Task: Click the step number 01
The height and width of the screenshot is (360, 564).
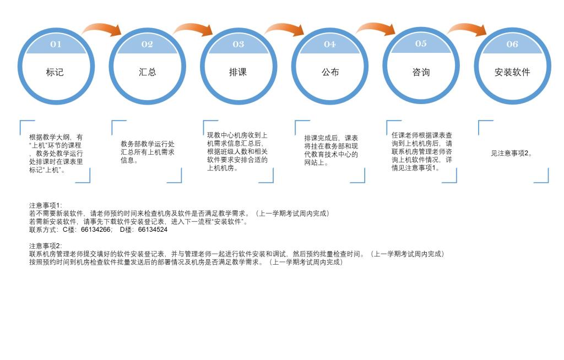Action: point(56,45)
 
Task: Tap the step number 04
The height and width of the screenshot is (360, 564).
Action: point(330,45)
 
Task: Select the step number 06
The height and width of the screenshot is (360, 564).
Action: point(512,45)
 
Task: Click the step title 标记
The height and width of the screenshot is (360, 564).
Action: point(55,72)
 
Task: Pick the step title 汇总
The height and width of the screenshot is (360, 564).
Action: point(147,72)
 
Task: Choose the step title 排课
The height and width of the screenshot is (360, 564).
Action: point(238,72)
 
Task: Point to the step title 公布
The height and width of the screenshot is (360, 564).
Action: point(330,72)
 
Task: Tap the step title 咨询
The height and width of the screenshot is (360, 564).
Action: point(421,72)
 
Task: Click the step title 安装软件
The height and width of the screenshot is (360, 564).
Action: point(512,72)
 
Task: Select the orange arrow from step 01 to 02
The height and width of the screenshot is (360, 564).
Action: point(102,29)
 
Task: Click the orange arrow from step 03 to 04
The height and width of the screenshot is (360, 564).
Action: point(285,29)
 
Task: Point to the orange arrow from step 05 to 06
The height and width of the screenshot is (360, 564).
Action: point(468,29)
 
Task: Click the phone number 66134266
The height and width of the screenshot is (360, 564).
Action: point(96,230)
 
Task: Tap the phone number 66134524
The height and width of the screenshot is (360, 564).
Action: point(153,230)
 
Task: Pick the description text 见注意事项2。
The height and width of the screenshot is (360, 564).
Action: point(512,154)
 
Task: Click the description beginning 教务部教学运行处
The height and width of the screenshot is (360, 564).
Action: point(147,152)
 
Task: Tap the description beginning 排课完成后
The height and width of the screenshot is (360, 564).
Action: point(331,150)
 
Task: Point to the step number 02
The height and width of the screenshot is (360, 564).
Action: point(147,45)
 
